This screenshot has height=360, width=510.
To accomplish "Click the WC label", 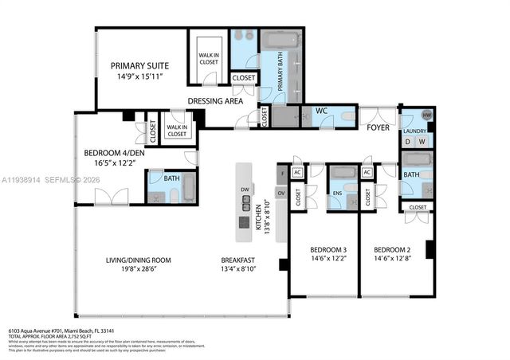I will point(323,111).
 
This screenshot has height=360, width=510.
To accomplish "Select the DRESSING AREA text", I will point(214,101).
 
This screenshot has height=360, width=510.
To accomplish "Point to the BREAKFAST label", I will point(237,260).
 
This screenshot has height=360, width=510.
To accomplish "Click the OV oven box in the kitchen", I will point(281,193).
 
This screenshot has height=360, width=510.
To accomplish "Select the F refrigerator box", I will point(281,172).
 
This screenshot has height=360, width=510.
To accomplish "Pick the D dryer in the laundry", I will point(408,141).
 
